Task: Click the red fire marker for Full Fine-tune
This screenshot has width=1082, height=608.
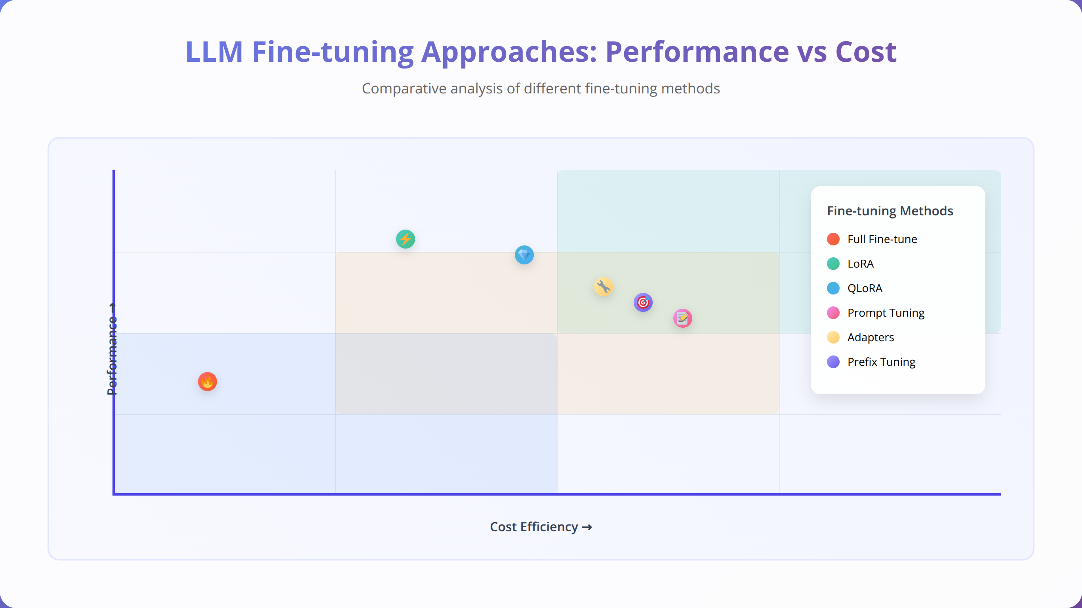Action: coord(208,382)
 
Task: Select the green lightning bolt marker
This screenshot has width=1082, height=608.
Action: coord(405,239)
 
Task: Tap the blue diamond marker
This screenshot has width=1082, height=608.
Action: coord(524,255)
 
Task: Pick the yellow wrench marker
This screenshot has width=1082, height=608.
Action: coord(604,287)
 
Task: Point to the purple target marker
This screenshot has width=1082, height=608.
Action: coord(643,302)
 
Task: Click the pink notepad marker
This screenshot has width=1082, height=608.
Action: coord(682,318)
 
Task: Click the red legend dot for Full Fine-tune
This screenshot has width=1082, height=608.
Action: coord(833,239)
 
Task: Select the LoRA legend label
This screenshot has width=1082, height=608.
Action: coord(861,264)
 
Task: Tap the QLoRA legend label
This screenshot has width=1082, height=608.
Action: coord(865,289)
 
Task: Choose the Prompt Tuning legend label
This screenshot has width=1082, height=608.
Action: coord(886,313)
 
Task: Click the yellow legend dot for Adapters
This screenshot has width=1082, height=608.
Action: coord(833,337)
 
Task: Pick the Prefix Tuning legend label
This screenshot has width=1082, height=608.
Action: coord(881,362)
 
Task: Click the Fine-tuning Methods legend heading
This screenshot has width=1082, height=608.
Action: coord(890,211)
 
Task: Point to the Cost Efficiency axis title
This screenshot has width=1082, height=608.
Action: coord(541,526)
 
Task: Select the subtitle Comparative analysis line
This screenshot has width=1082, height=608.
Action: coord(541,89)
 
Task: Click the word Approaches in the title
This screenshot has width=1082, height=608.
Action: coord(509,53)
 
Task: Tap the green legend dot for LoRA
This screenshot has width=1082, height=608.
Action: coord(833,264)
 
